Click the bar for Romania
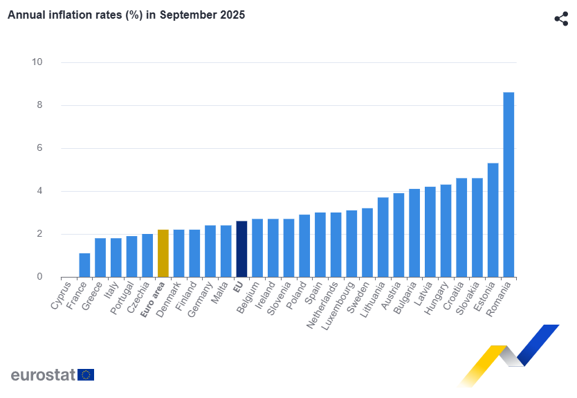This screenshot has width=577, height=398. click(509, 184)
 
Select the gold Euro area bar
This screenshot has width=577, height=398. click(163, 253)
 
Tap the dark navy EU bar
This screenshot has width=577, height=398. click(241, 249)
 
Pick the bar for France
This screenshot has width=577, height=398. click(84, 265)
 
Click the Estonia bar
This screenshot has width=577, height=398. click(493, 220)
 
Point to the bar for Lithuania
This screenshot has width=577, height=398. click(383, 237)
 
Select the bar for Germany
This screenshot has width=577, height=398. click(210, 251)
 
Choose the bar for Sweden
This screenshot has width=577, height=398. click(367, 242)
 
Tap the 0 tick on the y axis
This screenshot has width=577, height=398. click(39, 277)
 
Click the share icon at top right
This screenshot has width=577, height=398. click(561, 19)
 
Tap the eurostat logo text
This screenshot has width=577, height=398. click(43, 374)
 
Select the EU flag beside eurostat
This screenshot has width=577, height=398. click(86, 374)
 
